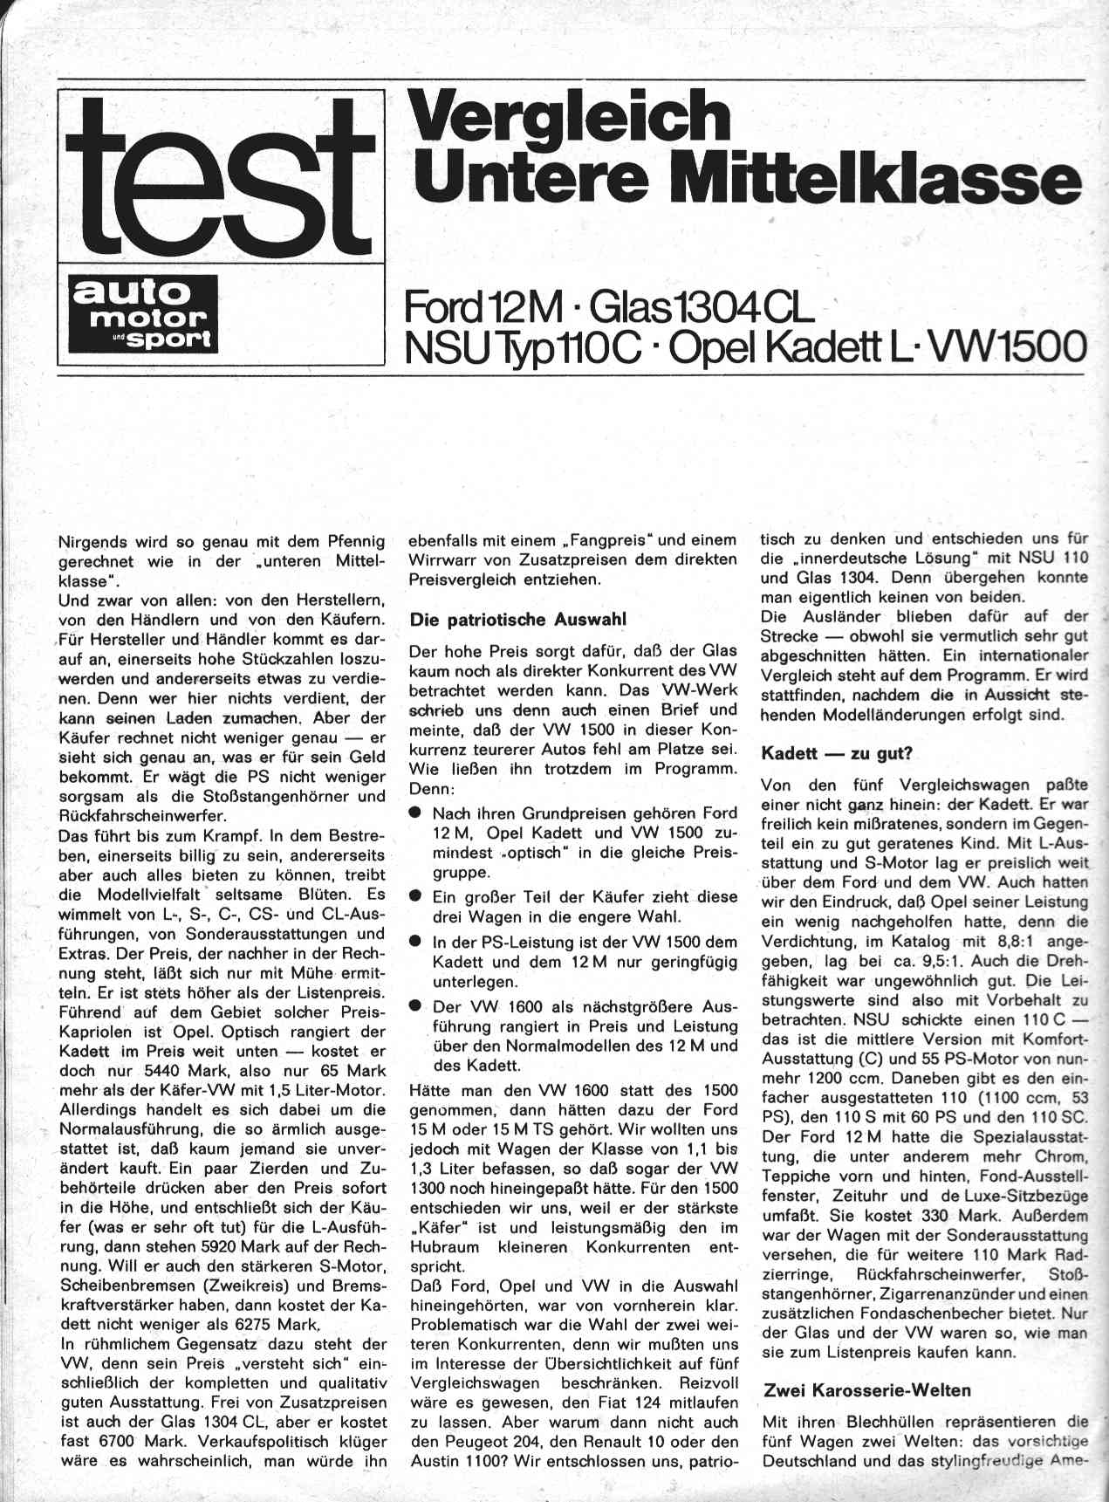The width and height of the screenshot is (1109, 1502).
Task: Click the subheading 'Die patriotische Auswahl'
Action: (518, 620)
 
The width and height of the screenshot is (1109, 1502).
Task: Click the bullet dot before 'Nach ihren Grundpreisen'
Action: (417, 813)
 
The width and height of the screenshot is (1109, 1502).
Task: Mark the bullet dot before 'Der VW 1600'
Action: (417, 1006)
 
